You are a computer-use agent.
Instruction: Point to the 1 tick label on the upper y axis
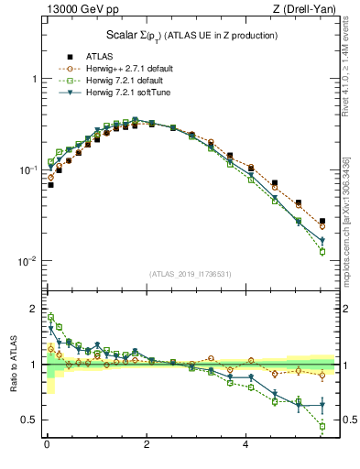[x=34, y=80]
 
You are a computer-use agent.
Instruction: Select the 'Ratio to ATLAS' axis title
[x=12, y=364]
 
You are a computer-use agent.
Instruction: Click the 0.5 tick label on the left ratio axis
[x=30, y=420]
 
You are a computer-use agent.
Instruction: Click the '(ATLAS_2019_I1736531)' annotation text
[x=190, y=273]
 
